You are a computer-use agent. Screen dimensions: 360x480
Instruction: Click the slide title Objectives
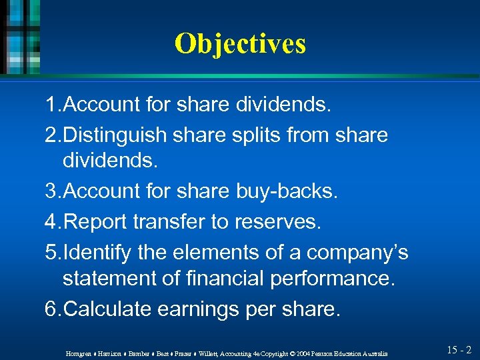click(x=240, y=44)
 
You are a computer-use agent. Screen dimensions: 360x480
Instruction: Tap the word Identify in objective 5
click(x=95, y=252)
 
